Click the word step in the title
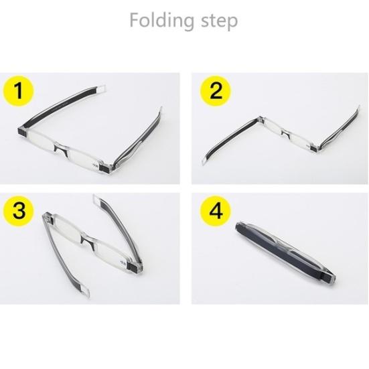tap(216, 22)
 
